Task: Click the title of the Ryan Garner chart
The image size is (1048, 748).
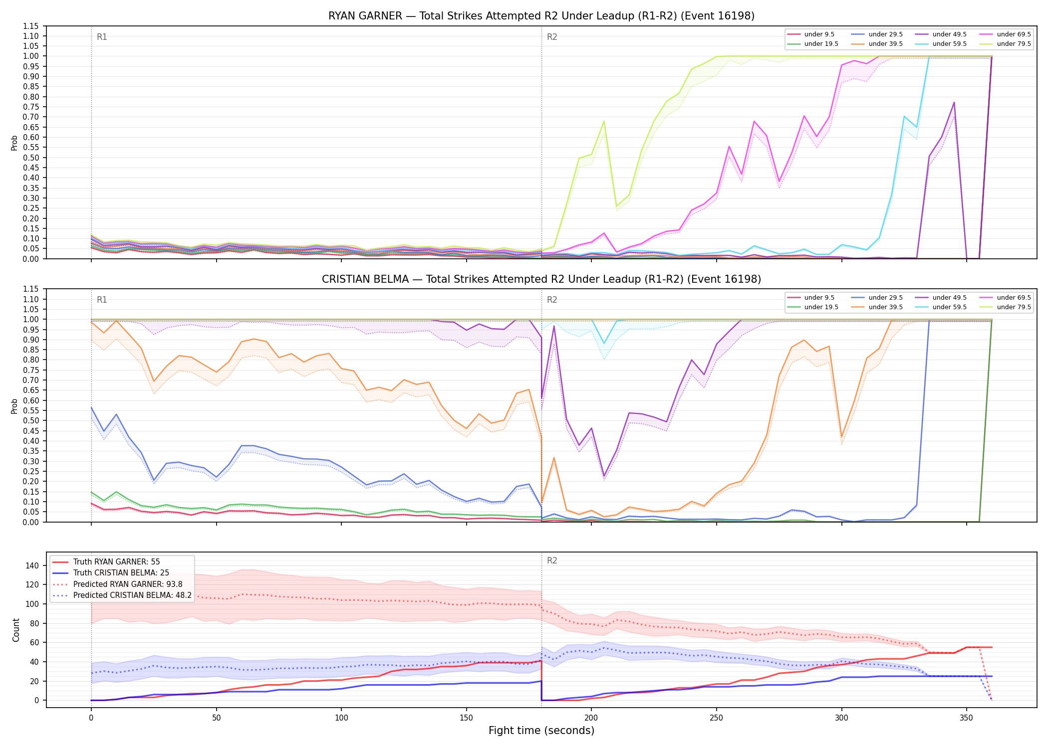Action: pyautogui.click(x=541, y=16)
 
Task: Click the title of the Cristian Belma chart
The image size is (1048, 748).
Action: pyautogui.click(x=541, y=279)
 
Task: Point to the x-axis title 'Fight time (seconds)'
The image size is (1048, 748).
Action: pyautogui.click(x=541, y=731)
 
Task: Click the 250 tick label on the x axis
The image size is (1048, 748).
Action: pyautogui.click(x=716, y=718)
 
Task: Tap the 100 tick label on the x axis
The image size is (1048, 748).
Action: pyautogui.click(x=341, y=718)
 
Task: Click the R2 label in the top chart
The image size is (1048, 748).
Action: pyautogui.click(x=552, y=37)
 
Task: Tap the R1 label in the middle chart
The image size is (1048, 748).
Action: pyautogui.click(x=102, y=300)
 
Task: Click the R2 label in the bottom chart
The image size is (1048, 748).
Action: pyautogui.click(x=552, y=561)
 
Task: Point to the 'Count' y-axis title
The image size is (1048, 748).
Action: pyautogui.click(x=16, y=630)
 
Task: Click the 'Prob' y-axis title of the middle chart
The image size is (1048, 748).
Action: pyautogui.click(x=14, y=406)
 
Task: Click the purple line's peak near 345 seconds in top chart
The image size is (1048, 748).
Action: pyautogui.click(x=954, y=102)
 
